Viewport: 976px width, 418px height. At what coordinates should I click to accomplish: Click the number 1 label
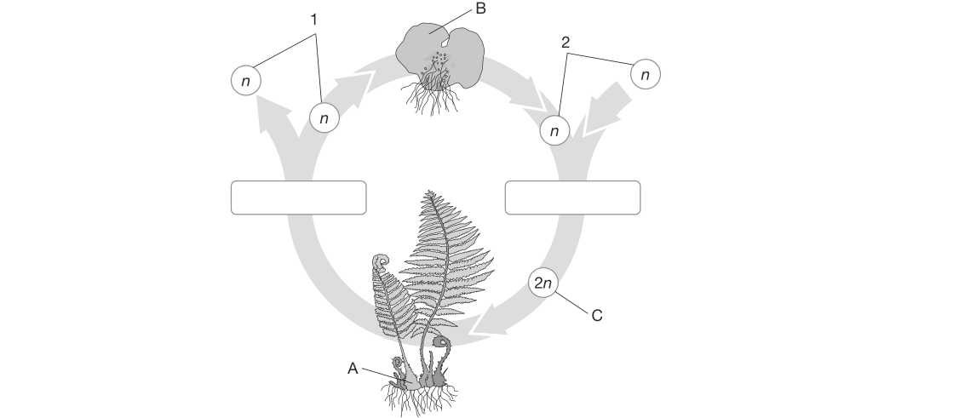[x=314, y=20]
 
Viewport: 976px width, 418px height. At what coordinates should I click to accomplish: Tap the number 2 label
[x=566, y=43]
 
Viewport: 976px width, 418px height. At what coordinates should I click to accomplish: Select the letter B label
[x=479, y=9]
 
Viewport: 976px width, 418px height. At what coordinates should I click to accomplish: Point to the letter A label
[x=353, y=369]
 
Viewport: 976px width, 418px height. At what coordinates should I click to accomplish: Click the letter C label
[x=597, y=316]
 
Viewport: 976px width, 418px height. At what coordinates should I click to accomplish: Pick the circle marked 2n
[x=543, y=283]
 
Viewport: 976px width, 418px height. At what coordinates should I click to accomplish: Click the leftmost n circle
[x=246, y=80]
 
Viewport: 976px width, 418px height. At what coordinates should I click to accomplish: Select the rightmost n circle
[x=646, y=75]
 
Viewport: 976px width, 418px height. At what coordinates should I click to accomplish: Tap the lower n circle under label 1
[x=324, y=117]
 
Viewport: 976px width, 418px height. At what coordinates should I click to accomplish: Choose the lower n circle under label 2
[x=554, y=130]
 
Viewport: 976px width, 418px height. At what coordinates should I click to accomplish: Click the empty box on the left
[x=299, y=198]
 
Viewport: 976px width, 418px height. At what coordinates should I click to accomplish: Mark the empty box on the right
[x=572, y=198]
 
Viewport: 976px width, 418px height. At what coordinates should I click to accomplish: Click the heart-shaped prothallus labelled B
[x=439, y=54]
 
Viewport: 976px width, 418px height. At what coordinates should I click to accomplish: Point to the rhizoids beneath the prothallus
[x=433, y=100]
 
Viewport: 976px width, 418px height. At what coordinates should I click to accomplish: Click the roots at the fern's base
[x=418, y=398]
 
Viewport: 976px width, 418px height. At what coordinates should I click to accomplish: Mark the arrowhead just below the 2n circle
[x=489, y=320]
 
